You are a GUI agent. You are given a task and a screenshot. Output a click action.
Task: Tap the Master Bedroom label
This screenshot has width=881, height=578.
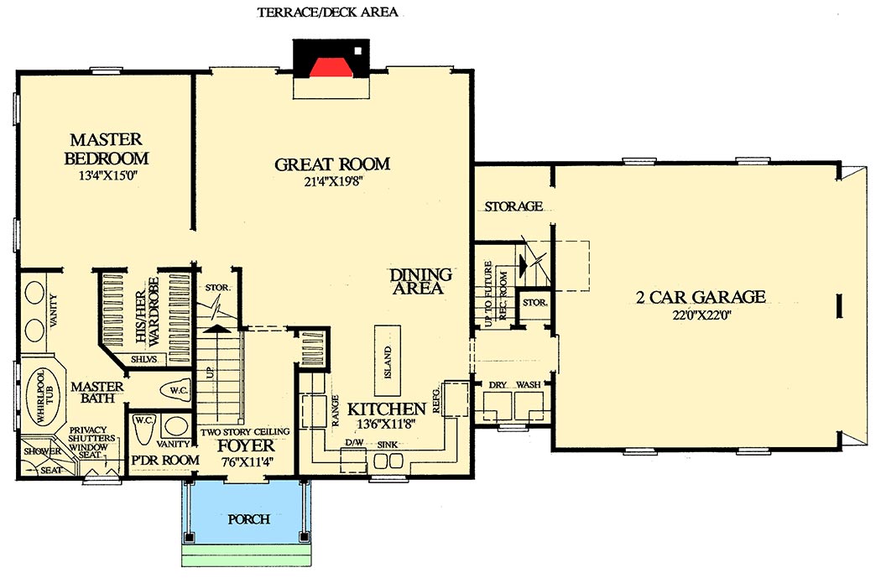pyautogui.click(x=106, y=148)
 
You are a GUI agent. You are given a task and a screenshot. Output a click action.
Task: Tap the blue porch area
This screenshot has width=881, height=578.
pyautogui.click(x=249, y=518)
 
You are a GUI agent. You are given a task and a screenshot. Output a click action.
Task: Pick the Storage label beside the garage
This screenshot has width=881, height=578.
pyautogui.click(x=513, y=206)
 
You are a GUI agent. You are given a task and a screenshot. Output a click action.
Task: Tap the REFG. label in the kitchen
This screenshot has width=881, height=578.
pyautogui.click(x=436, y=401)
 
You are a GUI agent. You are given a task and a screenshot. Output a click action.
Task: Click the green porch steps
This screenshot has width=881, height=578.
pyautogui.click(x=249, y=558)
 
